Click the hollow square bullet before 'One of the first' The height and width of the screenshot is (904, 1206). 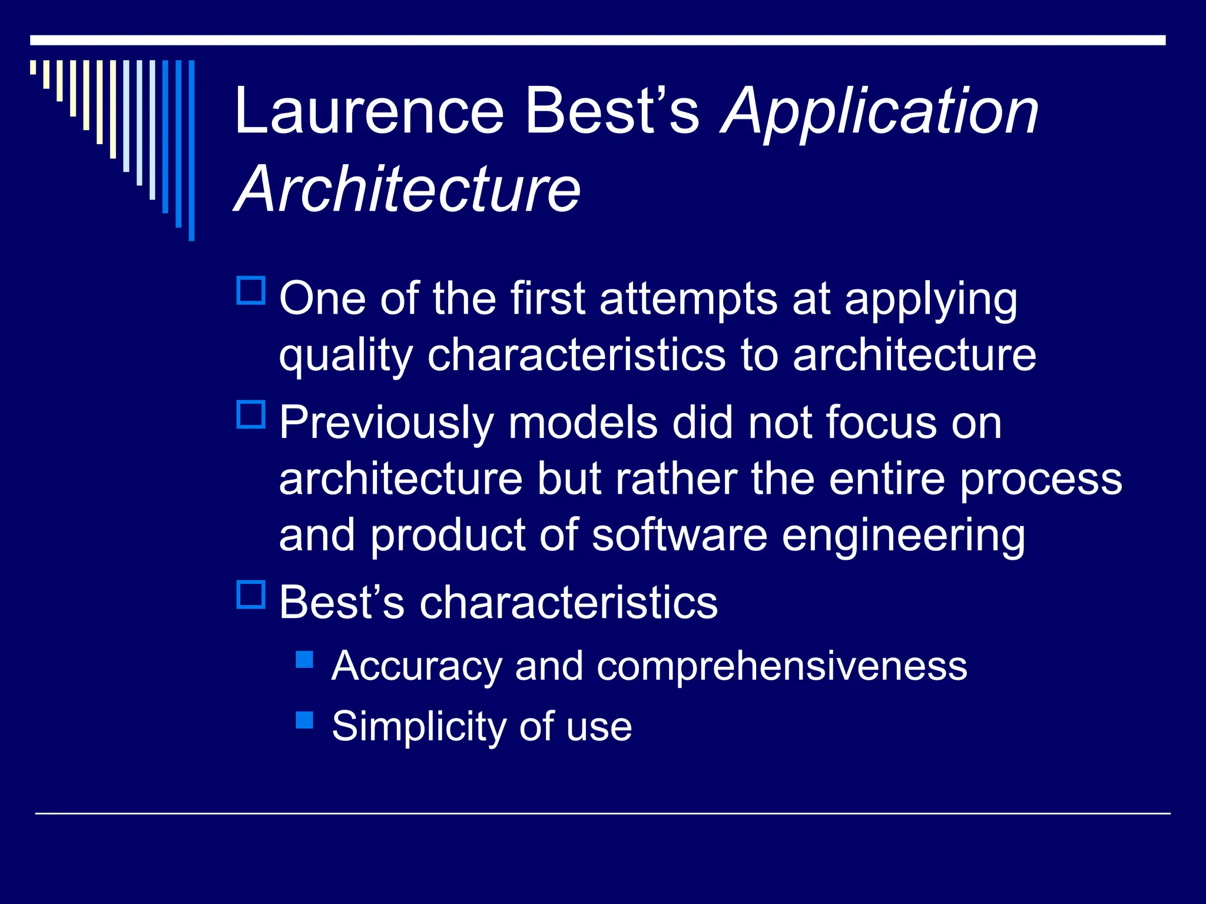251,291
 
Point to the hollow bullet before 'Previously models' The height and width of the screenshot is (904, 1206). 251,414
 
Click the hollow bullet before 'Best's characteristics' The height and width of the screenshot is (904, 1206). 251,594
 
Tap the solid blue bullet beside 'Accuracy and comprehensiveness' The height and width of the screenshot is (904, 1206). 304,659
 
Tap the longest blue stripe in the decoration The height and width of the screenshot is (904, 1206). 191,150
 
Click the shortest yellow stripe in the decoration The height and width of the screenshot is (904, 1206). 33,67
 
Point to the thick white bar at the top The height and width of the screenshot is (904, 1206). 597,40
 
